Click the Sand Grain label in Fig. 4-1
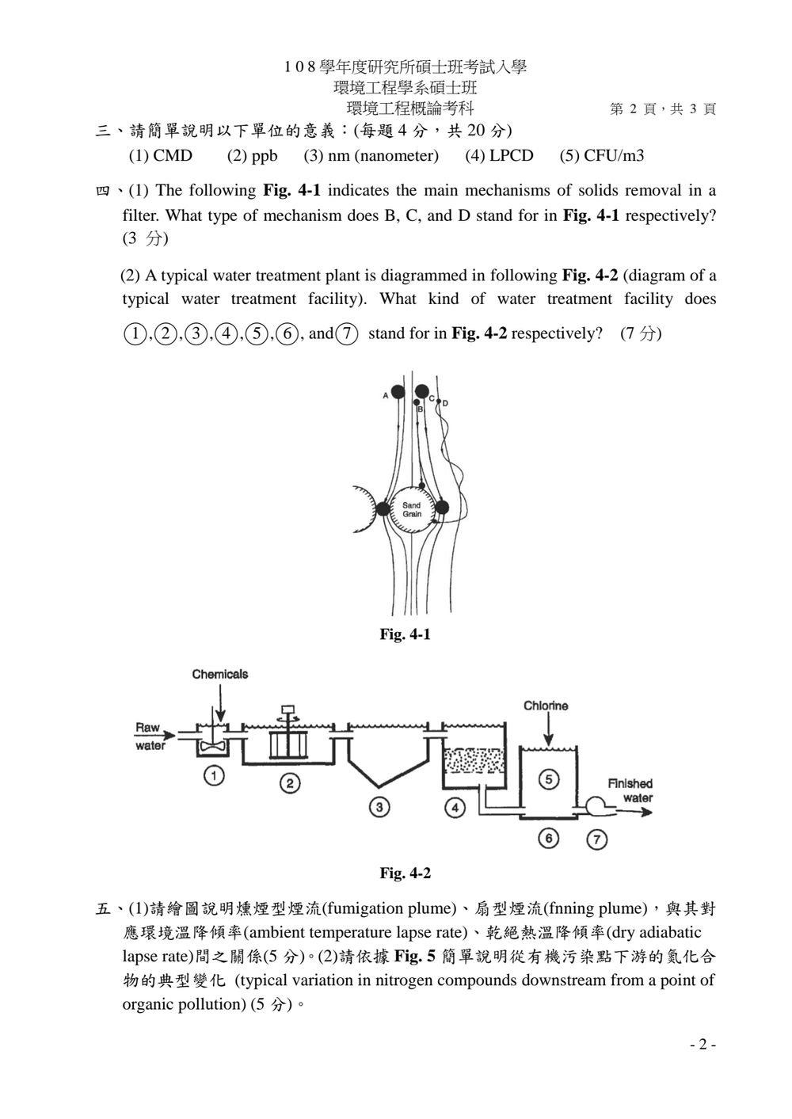pos(412,509)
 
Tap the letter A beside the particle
pos(385,396)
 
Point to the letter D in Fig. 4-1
pos(445,404)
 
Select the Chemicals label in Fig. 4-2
pos(220,675)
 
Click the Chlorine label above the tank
pos(546,706)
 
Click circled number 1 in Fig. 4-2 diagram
pos(215,776)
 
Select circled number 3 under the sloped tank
pos(379,807)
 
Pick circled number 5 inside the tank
pos(549,779)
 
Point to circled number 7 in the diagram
pos(597,839)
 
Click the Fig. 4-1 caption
pos(405,634)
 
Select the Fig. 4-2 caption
pos(405,874)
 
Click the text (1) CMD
pos(161,156)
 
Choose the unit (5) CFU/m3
pos(602,156)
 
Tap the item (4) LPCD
pos(499,156)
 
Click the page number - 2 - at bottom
pos(703,1045)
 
